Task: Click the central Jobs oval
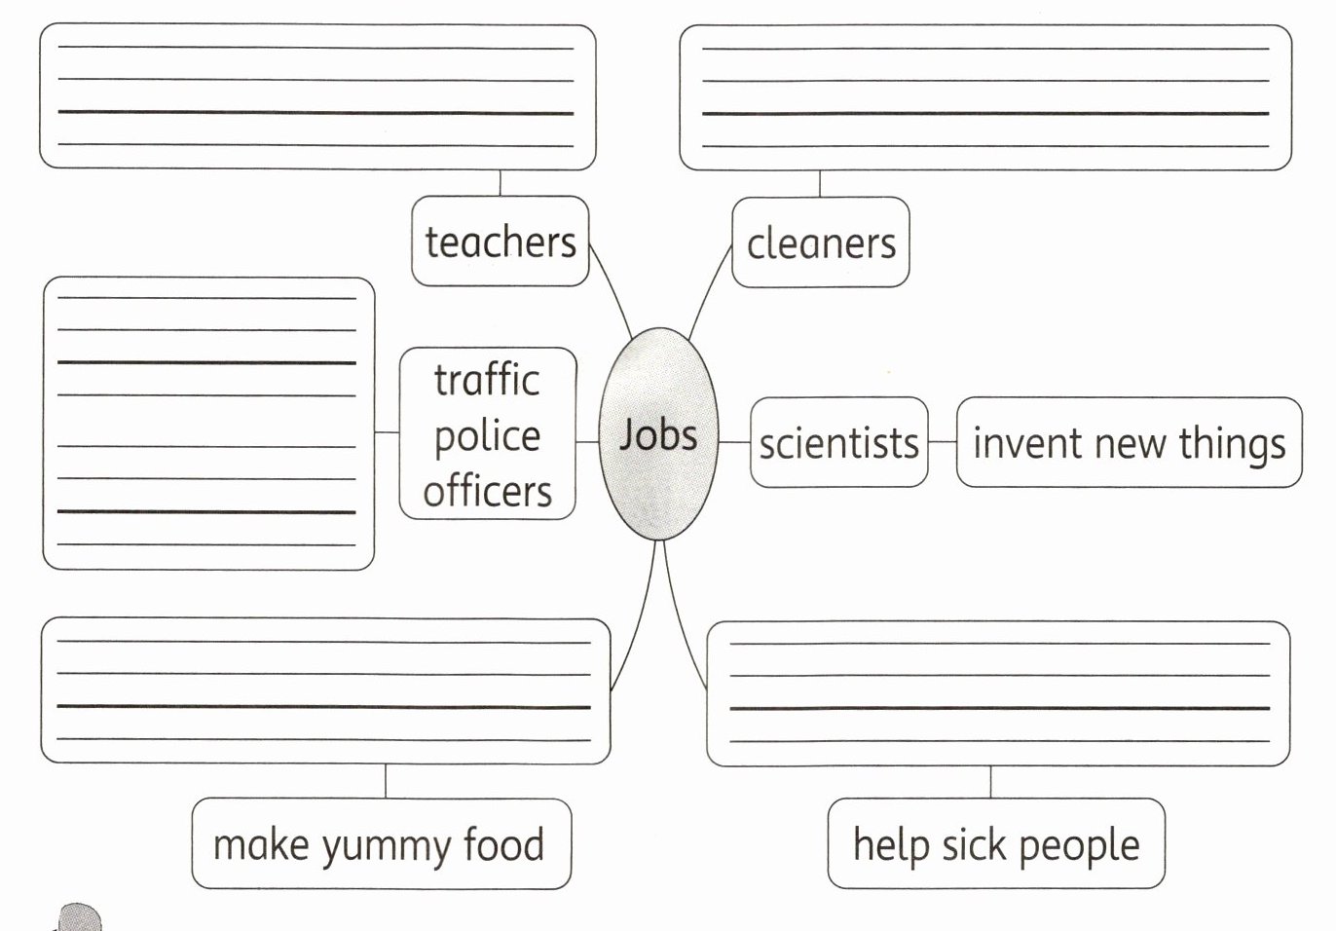658,434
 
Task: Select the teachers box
501,242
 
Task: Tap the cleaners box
820,242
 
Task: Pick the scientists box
838,443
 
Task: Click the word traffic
487,380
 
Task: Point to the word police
487,436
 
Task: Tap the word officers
487,491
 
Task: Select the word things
1232,444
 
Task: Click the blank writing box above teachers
317,97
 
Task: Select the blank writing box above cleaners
984,97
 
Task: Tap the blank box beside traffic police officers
208,424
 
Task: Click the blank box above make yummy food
325,690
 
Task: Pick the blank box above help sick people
998,693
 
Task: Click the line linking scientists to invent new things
942,442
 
